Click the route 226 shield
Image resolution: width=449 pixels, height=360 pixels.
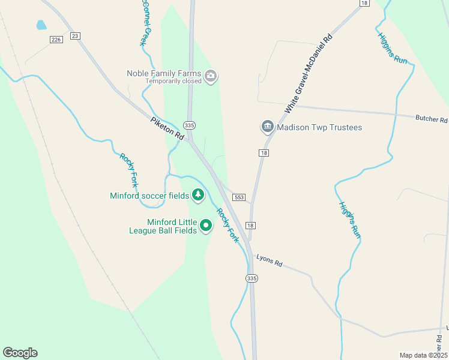coord(56,40)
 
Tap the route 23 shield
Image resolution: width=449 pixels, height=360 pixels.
coord(75,36)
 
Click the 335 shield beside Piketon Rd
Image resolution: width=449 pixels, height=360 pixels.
coord(190,125)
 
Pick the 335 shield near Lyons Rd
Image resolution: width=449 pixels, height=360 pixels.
coord(252,278)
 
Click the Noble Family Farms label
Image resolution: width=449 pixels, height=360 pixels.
coord(164,73)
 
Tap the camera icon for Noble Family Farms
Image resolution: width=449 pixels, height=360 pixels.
coord(210,76)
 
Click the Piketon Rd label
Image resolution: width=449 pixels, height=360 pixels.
coord(167,128)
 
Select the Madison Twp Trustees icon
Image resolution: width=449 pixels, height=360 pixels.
coord(267,127)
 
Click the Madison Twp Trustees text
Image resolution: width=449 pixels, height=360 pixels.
coord(320,127)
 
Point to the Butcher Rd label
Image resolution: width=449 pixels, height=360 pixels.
coord(432,119)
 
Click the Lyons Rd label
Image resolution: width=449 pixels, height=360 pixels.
coord(269,261)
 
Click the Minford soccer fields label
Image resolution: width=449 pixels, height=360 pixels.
coord(149,196)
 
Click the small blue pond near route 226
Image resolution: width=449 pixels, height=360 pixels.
coord(41,25)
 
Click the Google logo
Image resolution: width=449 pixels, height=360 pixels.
coord(20,353)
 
